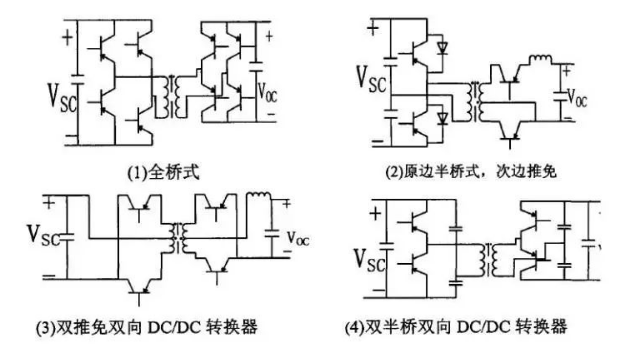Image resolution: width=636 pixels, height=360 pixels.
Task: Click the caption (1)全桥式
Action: pyautogui.click(x=163, y=173)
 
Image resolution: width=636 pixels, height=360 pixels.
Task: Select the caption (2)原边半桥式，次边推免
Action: pyautogui.click(x=471, y=172)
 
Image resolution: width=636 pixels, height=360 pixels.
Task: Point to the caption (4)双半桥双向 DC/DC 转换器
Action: pyautogui.click(x=456, y=327)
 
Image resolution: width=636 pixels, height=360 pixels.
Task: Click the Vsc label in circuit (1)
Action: pyautogui.click(x=62, y=97)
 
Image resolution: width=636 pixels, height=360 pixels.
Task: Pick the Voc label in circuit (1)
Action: pyautogui.click(x=267, y=92)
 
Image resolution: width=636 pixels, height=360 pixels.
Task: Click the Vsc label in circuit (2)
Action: pyautogui.click(x=371, y=78)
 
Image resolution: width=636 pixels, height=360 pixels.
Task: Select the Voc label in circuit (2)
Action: pyautogui.click(x=577, y=98)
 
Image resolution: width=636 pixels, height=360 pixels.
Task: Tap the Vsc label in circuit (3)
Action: pyautogui.click(x=44, y=235)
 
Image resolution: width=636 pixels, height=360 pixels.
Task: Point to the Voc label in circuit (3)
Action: pyautogui.click(x=298, y=239)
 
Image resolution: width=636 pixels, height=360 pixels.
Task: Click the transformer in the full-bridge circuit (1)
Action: pyautogui.click(x=171, y=96)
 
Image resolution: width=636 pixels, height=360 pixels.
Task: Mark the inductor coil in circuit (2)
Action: pyautogui.click(x=541, y=59)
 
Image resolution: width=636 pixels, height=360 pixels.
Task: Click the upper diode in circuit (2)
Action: pyautogui.click(x=442, y=47)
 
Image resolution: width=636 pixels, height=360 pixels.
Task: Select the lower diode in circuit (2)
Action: pyautogui.click(x=442, y=118)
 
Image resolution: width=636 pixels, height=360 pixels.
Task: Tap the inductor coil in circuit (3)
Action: pyautogui.click(x=259, y=195)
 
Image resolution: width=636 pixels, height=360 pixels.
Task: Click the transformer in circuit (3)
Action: pyautogui.click(x=178, y=238)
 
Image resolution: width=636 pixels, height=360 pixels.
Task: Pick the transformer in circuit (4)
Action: pyautogui.click(x=489, y=259)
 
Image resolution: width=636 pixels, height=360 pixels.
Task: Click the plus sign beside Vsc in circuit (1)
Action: pyautogui.click(x=67, y=38)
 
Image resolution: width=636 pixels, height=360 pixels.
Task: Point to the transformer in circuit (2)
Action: pyautogui.click(x=475, y=101)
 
